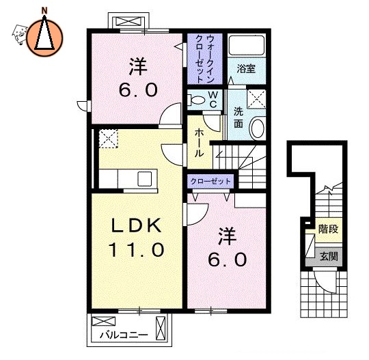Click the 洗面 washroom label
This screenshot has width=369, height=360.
click(238, 117)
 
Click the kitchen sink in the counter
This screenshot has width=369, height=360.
click(145, 179)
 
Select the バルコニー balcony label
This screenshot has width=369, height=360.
click(121, 335)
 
